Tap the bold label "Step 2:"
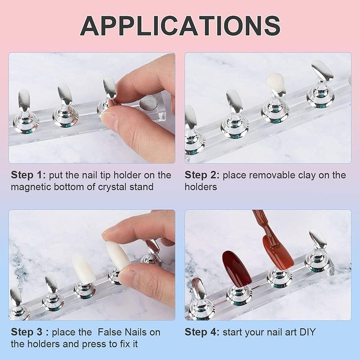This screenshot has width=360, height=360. pyautogui.click(x=202, y=175)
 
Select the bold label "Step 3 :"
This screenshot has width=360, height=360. pyautogui.click(x=28, y=333)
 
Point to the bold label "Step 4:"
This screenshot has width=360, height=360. pyautogui.click(x=202, y=333)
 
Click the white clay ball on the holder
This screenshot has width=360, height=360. pyautogui.click(x=275, y=83)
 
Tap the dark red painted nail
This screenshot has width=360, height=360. pyautogui.click(x=236, y=269)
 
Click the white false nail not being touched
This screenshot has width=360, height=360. pyautogui.click(x=84, y=269)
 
